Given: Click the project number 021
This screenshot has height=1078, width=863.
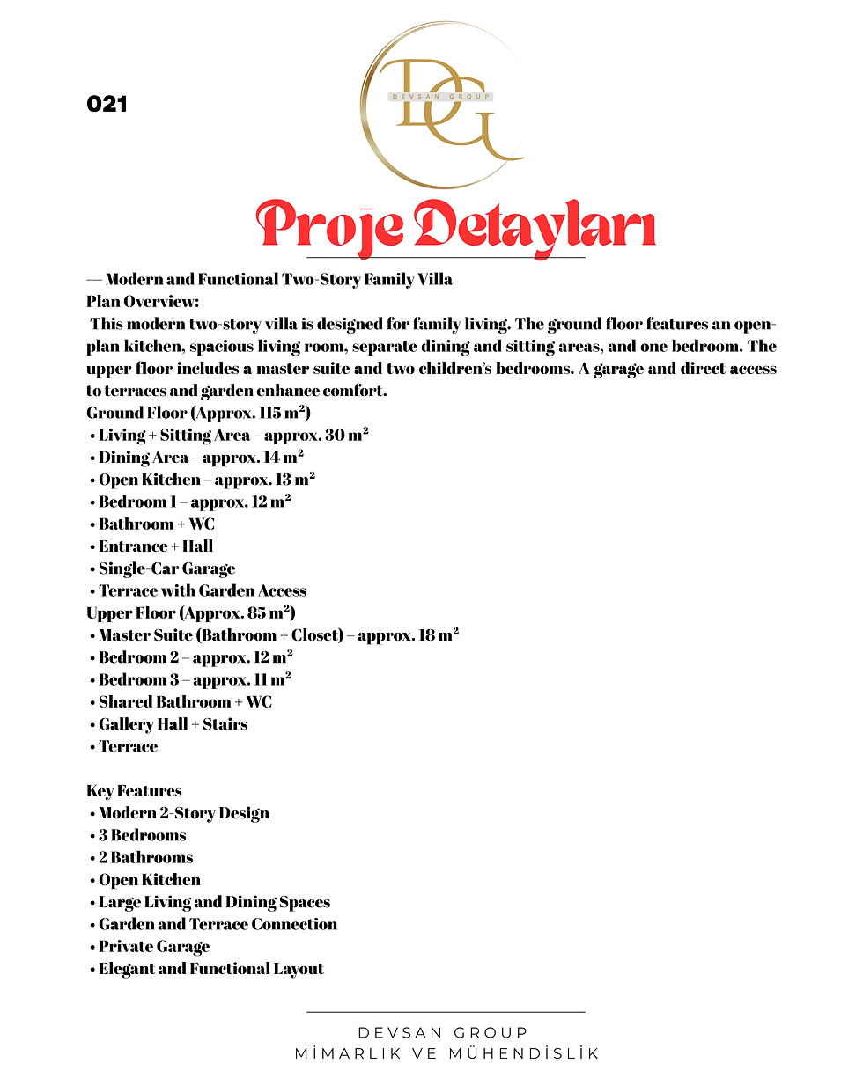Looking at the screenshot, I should (107, 104).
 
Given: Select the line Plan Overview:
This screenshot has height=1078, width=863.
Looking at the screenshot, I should (143, 302).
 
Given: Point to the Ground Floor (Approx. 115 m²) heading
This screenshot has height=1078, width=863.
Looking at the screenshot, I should (198, 413).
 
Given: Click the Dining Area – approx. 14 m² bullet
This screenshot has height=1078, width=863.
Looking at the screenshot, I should (201, 457).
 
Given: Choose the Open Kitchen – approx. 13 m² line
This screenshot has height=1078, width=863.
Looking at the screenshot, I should (206, 480).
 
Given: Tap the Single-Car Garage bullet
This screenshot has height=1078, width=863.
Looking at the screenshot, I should (166, 568).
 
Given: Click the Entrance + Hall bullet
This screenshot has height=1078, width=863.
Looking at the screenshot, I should (155, 546).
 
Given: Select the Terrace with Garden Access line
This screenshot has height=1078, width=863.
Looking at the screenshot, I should (202, 590).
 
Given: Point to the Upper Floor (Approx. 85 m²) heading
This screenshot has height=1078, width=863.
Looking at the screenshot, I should (190, 612).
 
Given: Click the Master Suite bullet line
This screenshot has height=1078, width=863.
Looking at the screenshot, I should (277, 634).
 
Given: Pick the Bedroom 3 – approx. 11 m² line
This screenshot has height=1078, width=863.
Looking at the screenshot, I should (195, 679).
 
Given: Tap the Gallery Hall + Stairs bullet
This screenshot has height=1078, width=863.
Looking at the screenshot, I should (173, 724).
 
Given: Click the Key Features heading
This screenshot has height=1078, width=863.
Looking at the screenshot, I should (134, 790).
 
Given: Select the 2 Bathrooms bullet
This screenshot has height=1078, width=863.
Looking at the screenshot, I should (145, 857).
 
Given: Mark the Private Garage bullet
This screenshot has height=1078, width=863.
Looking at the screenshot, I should (153, 947).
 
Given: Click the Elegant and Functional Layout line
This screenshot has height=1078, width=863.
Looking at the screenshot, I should (210, 969).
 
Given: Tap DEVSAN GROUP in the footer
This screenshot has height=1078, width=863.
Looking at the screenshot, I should (443, 1032).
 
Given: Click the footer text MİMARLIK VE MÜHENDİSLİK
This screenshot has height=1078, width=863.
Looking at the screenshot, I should (446, 1053).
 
